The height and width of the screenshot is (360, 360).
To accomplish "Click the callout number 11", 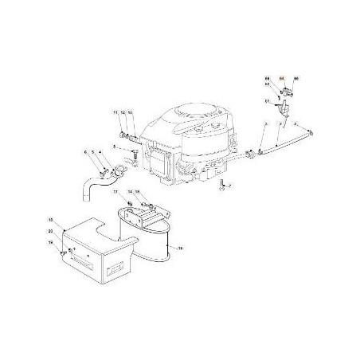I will tap(115, 114).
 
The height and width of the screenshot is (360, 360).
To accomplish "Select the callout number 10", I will tap(131, 114).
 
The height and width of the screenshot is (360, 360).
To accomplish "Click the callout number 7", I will tap(229, 186).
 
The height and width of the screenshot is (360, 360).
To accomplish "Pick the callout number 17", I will tap(115, 193).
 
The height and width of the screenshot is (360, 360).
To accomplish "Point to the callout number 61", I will tap(267, 101).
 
